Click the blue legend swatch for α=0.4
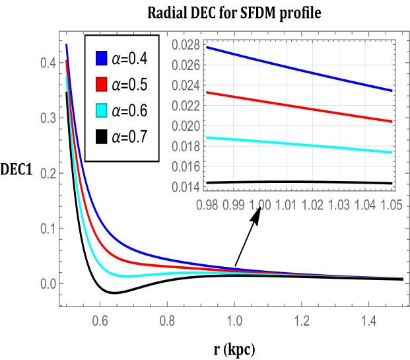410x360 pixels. pos(102,59)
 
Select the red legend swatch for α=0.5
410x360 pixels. pos(102,85)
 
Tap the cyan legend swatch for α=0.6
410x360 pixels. pos(102,110)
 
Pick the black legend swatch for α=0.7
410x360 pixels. pos(102,136)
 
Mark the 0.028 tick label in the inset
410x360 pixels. pos(185,45)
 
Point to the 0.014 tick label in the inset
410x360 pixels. pos(185,187)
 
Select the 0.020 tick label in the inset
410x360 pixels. pos(185,126)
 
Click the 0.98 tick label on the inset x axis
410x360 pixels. pos(207,206)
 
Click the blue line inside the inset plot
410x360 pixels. pos(297,69)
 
